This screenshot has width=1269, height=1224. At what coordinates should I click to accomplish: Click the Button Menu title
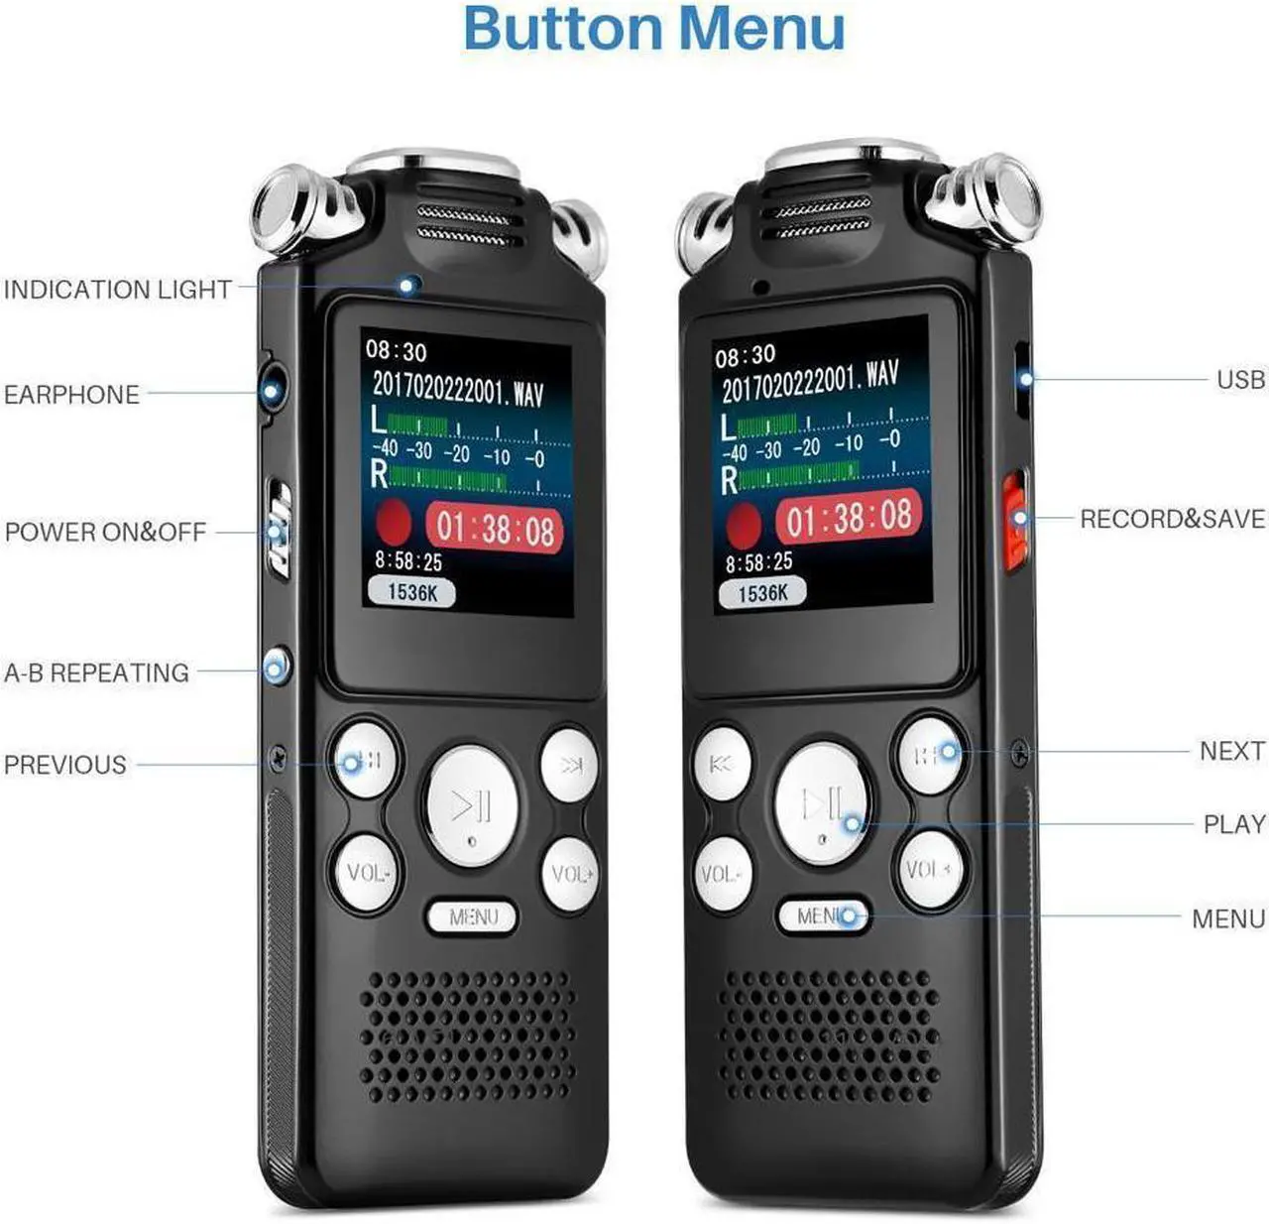pyautogui.click(x=653, y=29)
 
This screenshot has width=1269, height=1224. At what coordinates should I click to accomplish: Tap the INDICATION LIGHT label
pyautogui.click(x=117, y=290)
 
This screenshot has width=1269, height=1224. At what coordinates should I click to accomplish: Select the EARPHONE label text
pyautogui.click(x=71, y=395)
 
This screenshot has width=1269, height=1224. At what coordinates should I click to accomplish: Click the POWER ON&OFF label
pyautogui.click(x=105, y=532)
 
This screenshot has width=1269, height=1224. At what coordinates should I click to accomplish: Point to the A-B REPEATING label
pyautogui.click(x=96, y=673)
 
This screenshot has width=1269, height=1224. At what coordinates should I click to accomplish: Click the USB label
pyautogui.click(x=1240, y=380)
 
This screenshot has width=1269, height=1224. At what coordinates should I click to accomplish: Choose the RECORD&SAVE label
pyautogui.click(x=1172, y=519)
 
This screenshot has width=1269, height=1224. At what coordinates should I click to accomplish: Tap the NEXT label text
pyautogui.click(x=1231, y=751)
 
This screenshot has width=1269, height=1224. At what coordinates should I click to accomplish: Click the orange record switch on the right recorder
pyautogui.click(x=1014, y=521)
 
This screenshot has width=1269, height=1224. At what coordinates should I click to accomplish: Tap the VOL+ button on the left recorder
pyautogui.click(x=571, y=874)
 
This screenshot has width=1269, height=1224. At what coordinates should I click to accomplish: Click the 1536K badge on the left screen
pyautogui.click(x=411, y=592)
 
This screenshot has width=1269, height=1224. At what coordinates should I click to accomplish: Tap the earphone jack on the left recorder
pyautogui.click(x=271, y=390)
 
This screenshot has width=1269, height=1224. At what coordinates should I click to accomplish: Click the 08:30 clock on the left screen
pyautogui.click(x=396, y=350)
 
